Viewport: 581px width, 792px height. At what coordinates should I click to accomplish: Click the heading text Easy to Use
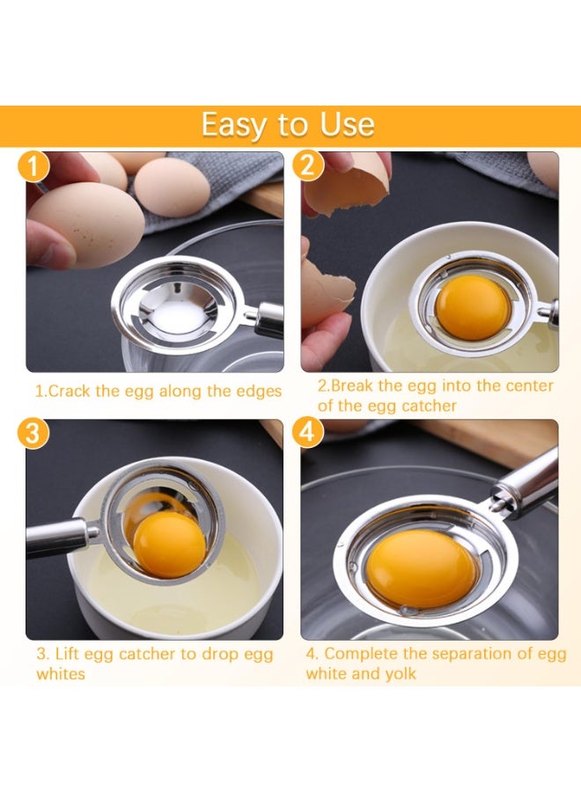tap(288, 125)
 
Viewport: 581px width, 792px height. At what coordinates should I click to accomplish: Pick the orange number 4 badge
tap(308, 433)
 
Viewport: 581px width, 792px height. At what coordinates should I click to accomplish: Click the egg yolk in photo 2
tap(473, 307)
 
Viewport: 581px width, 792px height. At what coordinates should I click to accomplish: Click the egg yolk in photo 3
tap(169, 545)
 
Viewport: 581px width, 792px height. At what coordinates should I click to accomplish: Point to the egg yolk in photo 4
tap(422, 568)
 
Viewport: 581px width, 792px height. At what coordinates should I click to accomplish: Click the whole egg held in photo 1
tap(84, 224)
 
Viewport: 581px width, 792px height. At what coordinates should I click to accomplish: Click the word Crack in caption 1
tap(70, 391)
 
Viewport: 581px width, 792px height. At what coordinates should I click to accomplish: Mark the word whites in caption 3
tap(61, 674)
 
